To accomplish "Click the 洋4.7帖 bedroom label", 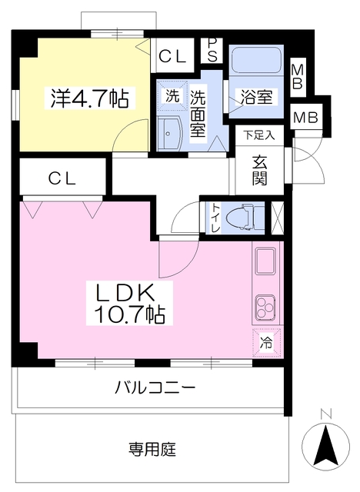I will point(89,98).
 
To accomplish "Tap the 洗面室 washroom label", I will point(198,112).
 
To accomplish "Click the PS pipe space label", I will point(212,51).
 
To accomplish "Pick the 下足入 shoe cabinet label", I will point(259,135).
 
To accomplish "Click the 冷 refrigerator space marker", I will point(265,342).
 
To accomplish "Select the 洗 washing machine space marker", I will point(172,97).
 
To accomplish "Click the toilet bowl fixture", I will point(248,216).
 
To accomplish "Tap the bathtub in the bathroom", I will point(257,60).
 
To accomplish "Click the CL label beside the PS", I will point(172,55).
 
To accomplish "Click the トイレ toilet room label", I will point(214,216).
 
